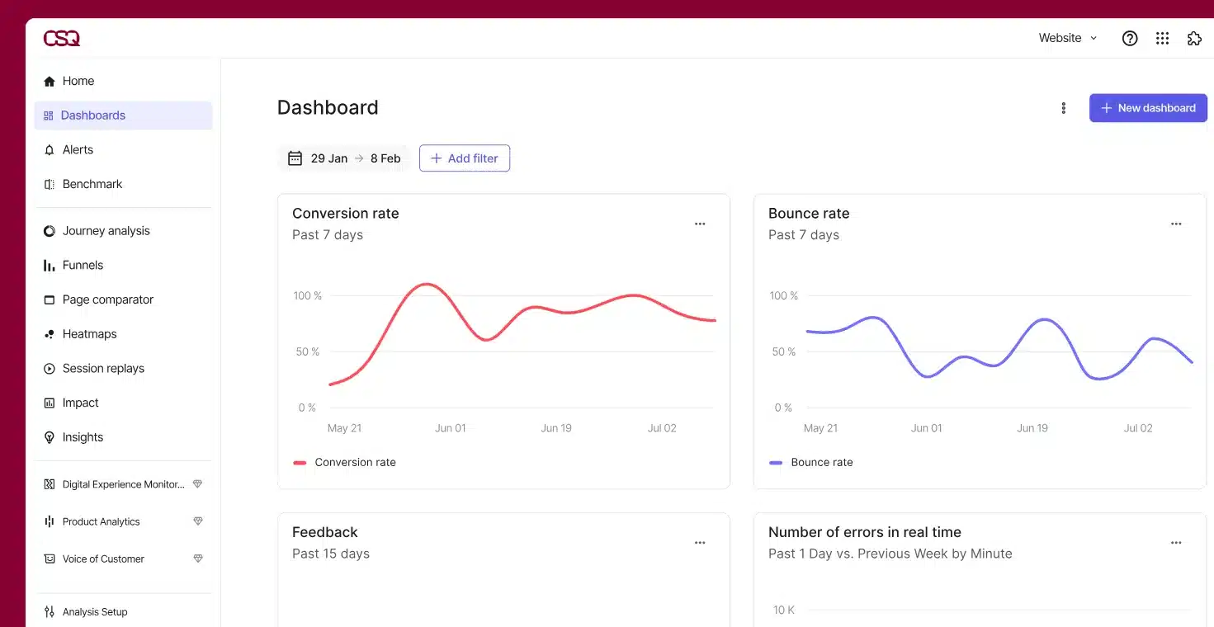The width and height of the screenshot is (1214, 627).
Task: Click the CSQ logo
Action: click(62, 38)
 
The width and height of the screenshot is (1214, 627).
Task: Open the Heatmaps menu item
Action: click(89, 334)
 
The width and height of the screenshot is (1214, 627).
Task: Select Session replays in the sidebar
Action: click(103, 369)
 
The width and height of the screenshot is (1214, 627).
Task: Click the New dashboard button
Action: click(1147, 108)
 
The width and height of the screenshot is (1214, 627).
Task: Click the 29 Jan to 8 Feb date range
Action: click(344, 158)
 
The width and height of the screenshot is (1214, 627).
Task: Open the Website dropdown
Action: click(1068, 38)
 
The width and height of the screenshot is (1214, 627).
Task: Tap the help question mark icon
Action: click(1130, 38)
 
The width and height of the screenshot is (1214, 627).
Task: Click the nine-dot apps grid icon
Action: click(1162, 38)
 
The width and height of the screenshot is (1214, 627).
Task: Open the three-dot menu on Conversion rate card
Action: click(700, 224)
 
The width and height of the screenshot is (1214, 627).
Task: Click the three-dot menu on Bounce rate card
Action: click(1176, 224)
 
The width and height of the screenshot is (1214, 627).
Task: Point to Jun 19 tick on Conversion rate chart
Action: click(555, 428)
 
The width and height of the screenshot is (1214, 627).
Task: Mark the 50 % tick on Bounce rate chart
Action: click(784, 351)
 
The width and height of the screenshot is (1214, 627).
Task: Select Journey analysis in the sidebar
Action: click(106, 231)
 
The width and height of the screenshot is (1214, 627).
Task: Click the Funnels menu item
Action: click(83, 266)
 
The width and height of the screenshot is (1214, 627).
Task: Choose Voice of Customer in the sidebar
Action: click(103, 559)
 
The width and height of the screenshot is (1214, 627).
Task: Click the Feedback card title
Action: click(325, 532)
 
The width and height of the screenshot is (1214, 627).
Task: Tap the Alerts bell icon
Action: click(49, 150)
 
